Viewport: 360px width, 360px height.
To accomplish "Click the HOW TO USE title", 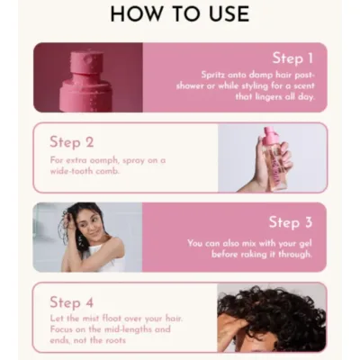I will pyautogui.click(x=180, y=15).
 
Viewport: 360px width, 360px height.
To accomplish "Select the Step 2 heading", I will pyautogui.click(x=72, y=140).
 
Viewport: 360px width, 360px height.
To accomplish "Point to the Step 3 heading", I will pyautogui.click(x=289, y=221).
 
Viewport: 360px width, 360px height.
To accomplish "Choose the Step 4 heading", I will pyautogui.click(x=72, y=301).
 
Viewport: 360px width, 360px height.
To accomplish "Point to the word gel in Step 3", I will pyautogui.click(x=305, y=243).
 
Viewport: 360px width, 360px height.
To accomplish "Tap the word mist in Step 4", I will pyautogui.click(x=92, y=319).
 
